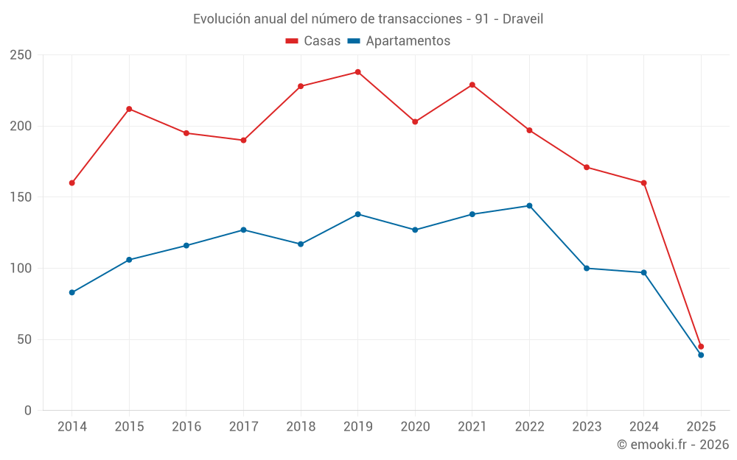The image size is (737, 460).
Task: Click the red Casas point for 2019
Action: tap(358, 72)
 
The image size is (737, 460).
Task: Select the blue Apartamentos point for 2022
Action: tap(529, 206)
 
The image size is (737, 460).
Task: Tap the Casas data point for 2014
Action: tap(72, 183)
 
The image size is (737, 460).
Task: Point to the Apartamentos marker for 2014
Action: tap(72, 293)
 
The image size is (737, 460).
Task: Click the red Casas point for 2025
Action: tap(701, 347)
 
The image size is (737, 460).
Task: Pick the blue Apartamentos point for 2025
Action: tap(701, 355)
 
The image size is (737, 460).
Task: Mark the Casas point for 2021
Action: tap(472, 85)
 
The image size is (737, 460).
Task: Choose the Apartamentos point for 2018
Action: tap(301, 244)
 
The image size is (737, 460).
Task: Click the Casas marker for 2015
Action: tap(129, 109)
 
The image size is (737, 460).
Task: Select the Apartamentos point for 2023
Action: tap(587, 269)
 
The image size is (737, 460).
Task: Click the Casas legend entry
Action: tap(313, 41)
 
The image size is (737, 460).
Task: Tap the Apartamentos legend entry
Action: tap(399, 41)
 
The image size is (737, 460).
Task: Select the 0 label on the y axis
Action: tap(28, 411)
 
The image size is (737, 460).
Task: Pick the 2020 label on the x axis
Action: tap(415, 427)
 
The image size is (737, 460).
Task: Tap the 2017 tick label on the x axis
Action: tap(243, 427)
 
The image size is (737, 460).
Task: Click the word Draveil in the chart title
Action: tap(523, 19)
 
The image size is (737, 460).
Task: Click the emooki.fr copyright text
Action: tap(673, 445)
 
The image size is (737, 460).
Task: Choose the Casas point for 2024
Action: tap(644, 183)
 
